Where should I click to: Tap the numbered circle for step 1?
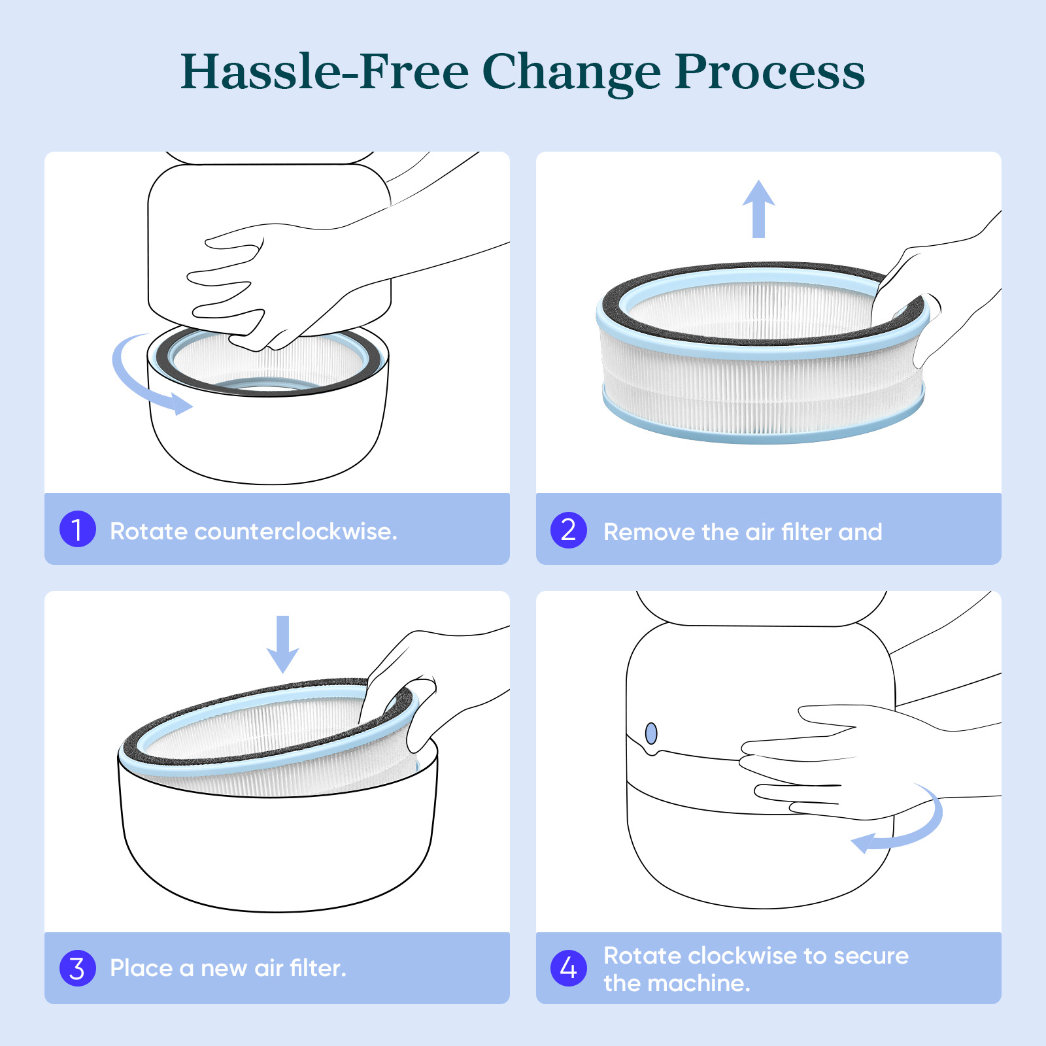click(78, 529)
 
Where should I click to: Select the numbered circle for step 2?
click(569, 530)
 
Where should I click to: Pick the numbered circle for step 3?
click(78, 968)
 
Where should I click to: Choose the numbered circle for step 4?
click(569, 968)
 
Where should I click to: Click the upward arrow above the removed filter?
click(758, 209)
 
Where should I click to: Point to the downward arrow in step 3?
click(282, 644)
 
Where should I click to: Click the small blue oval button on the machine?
click(651, 734)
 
